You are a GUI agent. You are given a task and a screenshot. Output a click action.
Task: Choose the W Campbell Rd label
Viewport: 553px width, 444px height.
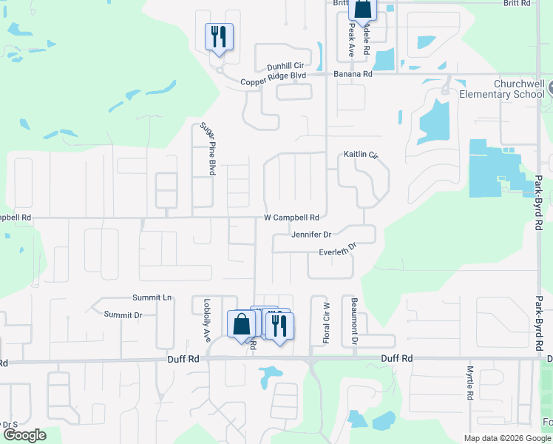(291, 218)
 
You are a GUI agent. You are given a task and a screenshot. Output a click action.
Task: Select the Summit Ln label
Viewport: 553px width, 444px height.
(152, 297)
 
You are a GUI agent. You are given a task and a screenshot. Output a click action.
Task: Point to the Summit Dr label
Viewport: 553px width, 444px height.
(123, 314)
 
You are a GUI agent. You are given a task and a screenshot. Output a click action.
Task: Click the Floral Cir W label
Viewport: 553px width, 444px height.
(326, 322)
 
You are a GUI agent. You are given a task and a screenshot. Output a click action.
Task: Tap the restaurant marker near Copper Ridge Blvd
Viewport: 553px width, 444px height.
(219, 36)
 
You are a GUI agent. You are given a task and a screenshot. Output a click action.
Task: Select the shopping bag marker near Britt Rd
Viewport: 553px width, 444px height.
(363, 9)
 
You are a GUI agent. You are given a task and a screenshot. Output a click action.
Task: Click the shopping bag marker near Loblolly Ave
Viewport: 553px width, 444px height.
(241, 324)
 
